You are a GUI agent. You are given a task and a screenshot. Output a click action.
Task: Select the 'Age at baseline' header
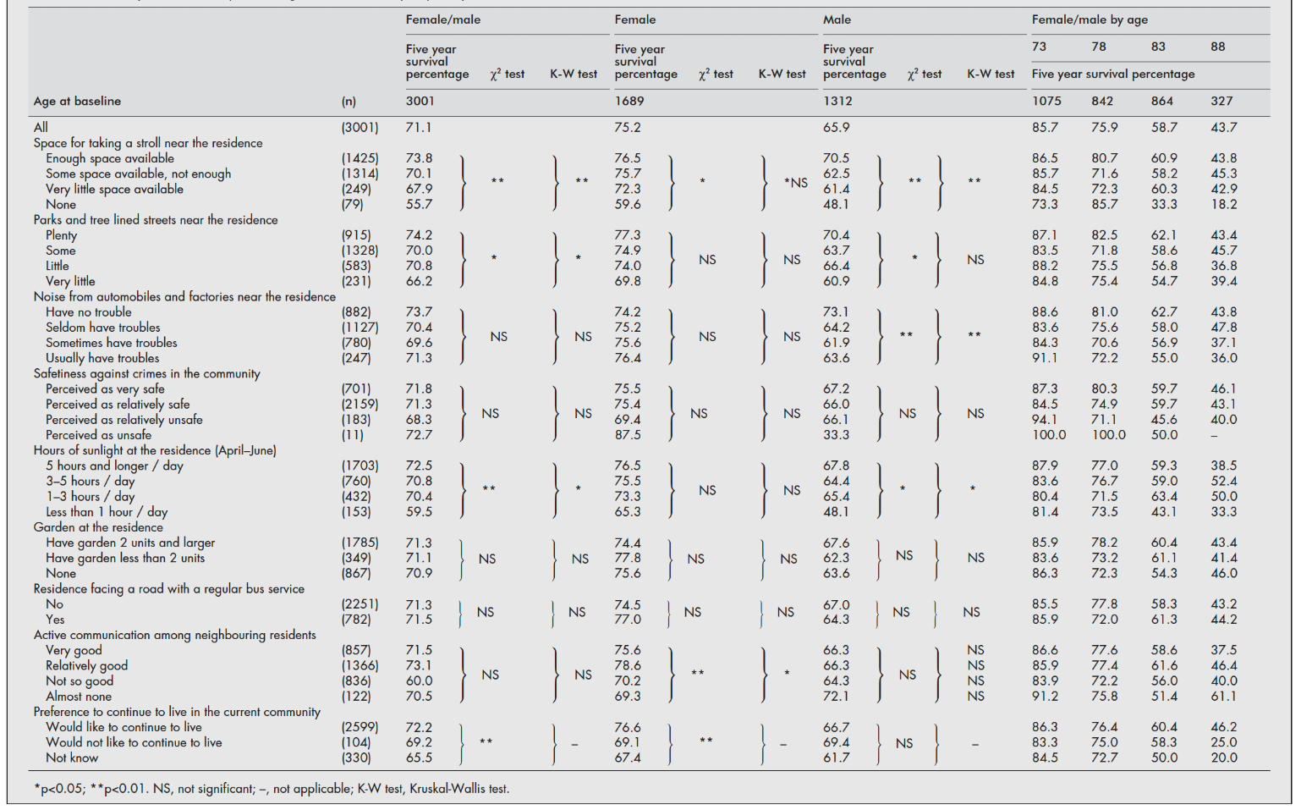pos(77,101)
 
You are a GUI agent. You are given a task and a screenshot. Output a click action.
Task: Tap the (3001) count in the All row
pos(360,128)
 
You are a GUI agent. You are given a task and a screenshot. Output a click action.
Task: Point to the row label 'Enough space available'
pos(110,158)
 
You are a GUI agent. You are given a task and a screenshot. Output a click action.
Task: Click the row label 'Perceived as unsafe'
pos(98,435)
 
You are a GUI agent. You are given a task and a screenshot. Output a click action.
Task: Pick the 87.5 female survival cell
pos(628,435)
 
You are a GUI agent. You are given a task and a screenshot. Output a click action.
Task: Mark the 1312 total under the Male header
pos(837,101)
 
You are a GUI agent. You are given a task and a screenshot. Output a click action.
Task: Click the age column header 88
pos(1217,47)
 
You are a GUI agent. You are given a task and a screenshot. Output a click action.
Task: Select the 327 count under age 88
pos(1221,101)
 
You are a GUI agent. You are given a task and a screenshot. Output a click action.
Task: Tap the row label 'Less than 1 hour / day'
pos(107,512)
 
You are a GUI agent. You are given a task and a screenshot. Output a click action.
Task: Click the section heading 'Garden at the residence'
pos(98,527)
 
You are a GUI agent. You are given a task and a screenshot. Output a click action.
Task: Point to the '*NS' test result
pos(795,182)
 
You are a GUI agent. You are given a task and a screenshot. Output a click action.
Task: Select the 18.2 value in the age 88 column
pos(1223,205)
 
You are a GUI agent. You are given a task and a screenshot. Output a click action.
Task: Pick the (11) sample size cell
pos(353,435)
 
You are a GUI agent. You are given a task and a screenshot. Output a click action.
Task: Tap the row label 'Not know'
pos(72,758)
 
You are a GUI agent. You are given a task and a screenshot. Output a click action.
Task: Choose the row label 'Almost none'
pos(79,697)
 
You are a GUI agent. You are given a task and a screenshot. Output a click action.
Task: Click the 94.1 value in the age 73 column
pos(1045,420)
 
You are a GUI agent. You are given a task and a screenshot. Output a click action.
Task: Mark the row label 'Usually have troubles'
pos(102,358)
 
